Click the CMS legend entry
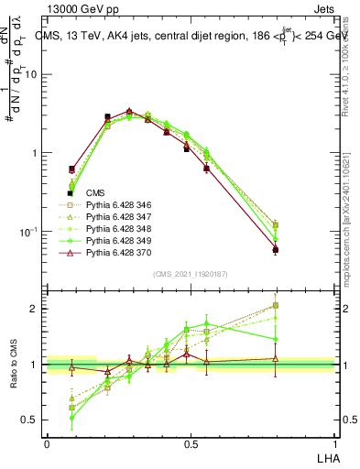(94, 193)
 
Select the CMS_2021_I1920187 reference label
(190, 273)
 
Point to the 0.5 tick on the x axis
(191, 442)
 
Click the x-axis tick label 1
(335, 442)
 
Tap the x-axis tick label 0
(47, 442)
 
